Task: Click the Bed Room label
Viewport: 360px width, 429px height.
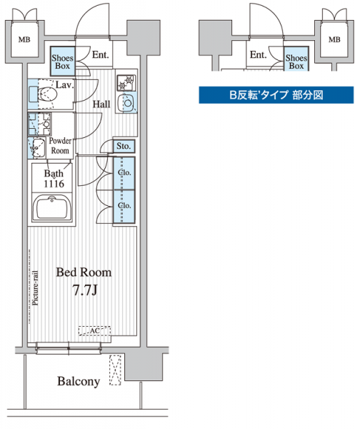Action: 84,272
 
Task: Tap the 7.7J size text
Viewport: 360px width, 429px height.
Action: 85,290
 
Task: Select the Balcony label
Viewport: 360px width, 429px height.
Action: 79,381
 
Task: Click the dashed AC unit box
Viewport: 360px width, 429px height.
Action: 94,331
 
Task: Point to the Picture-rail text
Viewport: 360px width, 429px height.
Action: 36,288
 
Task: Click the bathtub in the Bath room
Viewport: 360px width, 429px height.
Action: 52,207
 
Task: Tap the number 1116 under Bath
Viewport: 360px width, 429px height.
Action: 54,184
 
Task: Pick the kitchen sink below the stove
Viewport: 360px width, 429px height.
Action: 127,103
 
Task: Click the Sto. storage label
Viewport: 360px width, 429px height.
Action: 124,146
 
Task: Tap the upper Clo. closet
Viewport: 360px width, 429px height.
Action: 124,173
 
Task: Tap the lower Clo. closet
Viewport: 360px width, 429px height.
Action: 124,207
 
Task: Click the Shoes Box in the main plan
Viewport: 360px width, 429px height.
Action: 63,61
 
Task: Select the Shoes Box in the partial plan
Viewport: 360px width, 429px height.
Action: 296,59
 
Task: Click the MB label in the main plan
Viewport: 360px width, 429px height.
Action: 24,39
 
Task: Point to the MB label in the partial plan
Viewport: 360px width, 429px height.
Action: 334,39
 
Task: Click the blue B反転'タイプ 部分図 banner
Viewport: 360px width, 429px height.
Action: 276,95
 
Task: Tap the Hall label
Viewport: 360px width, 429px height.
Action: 101,104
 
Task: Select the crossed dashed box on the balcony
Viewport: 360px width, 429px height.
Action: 115,370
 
